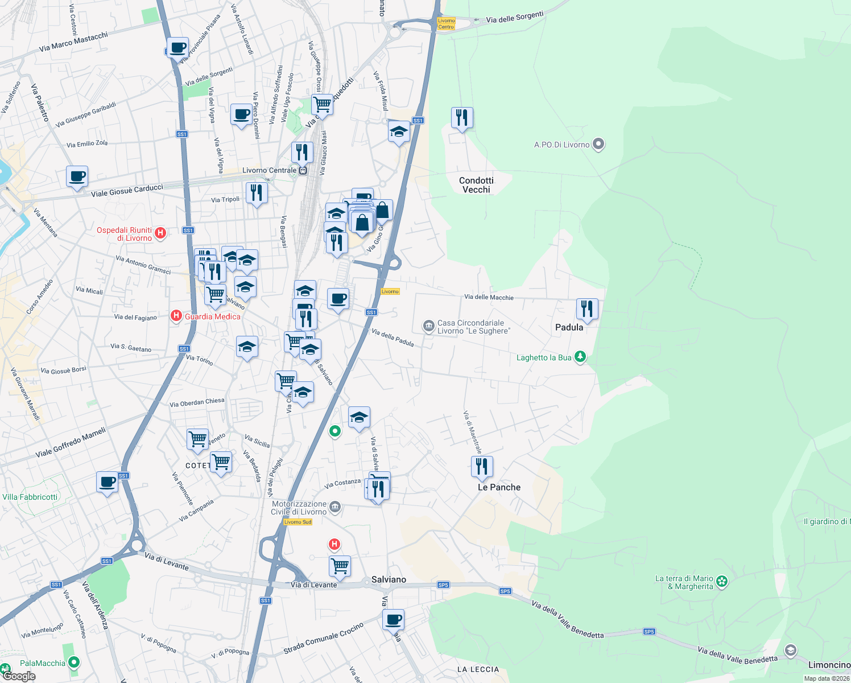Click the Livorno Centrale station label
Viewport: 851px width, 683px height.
point(269,170)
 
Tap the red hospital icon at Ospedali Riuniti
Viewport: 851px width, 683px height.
point(160,232)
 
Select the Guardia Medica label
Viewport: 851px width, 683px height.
point(212,316)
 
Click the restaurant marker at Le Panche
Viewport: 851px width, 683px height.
point(482,466)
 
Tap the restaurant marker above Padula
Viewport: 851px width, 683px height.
point(587,308)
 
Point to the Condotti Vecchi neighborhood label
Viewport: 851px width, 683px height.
point(476,185)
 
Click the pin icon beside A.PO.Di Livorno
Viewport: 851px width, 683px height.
point(598,144)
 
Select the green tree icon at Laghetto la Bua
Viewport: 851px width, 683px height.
point(580,357)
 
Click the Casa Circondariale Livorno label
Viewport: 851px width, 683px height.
point(473,327)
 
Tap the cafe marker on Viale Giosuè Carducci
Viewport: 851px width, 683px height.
point(77,176)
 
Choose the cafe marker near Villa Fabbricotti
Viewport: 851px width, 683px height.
point(107,482)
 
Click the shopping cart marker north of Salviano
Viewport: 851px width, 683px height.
point(340,566)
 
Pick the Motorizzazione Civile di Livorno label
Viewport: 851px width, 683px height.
point(299,508)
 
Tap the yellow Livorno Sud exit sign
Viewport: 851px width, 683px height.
point(298,522)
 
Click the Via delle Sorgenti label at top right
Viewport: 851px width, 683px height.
point(514,17)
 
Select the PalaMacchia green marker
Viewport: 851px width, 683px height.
point(74,663)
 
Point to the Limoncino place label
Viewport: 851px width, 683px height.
point(829,665)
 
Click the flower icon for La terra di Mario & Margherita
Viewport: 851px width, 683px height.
point(722,581)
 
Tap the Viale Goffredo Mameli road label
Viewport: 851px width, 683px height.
point(71,443)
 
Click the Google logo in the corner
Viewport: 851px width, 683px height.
point(19,676)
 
